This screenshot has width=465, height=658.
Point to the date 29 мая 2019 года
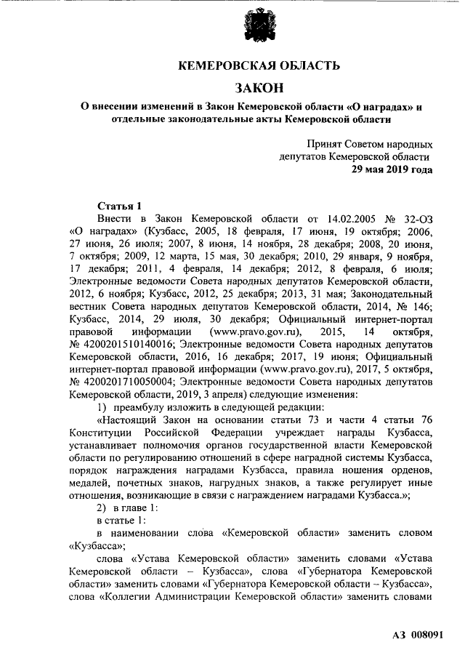(x=392, y=170)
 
